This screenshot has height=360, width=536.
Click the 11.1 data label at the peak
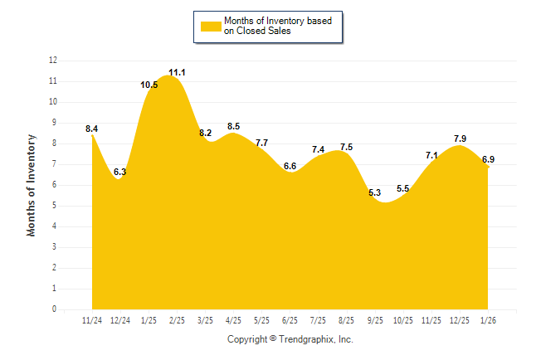tap(177, 73)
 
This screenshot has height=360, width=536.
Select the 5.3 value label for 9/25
tap(374, 193)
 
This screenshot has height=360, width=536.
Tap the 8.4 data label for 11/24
tap(91, 129)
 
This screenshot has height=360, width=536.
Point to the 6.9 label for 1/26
tap(489, 159)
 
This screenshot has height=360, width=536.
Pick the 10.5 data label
tap(149, 85)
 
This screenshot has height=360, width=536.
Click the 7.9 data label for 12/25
tap(460, 139)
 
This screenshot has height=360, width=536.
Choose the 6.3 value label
tap(119, 172)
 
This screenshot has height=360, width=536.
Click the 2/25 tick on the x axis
tap(177, 320)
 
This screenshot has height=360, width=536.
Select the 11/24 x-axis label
tap(92, 320)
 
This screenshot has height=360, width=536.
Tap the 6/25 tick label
tap(290, 320)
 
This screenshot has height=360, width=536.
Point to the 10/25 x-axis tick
tap(402, 320)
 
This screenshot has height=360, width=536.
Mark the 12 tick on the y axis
tap(53, 61)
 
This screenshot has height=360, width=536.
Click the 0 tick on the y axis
tap(55, 309)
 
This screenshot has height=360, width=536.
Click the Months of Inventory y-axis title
tap(32, 185)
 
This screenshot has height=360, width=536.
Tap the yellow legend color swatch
tap(210, 27)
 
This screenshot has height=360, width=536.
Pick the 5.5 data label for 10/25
tap(402, 189)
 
